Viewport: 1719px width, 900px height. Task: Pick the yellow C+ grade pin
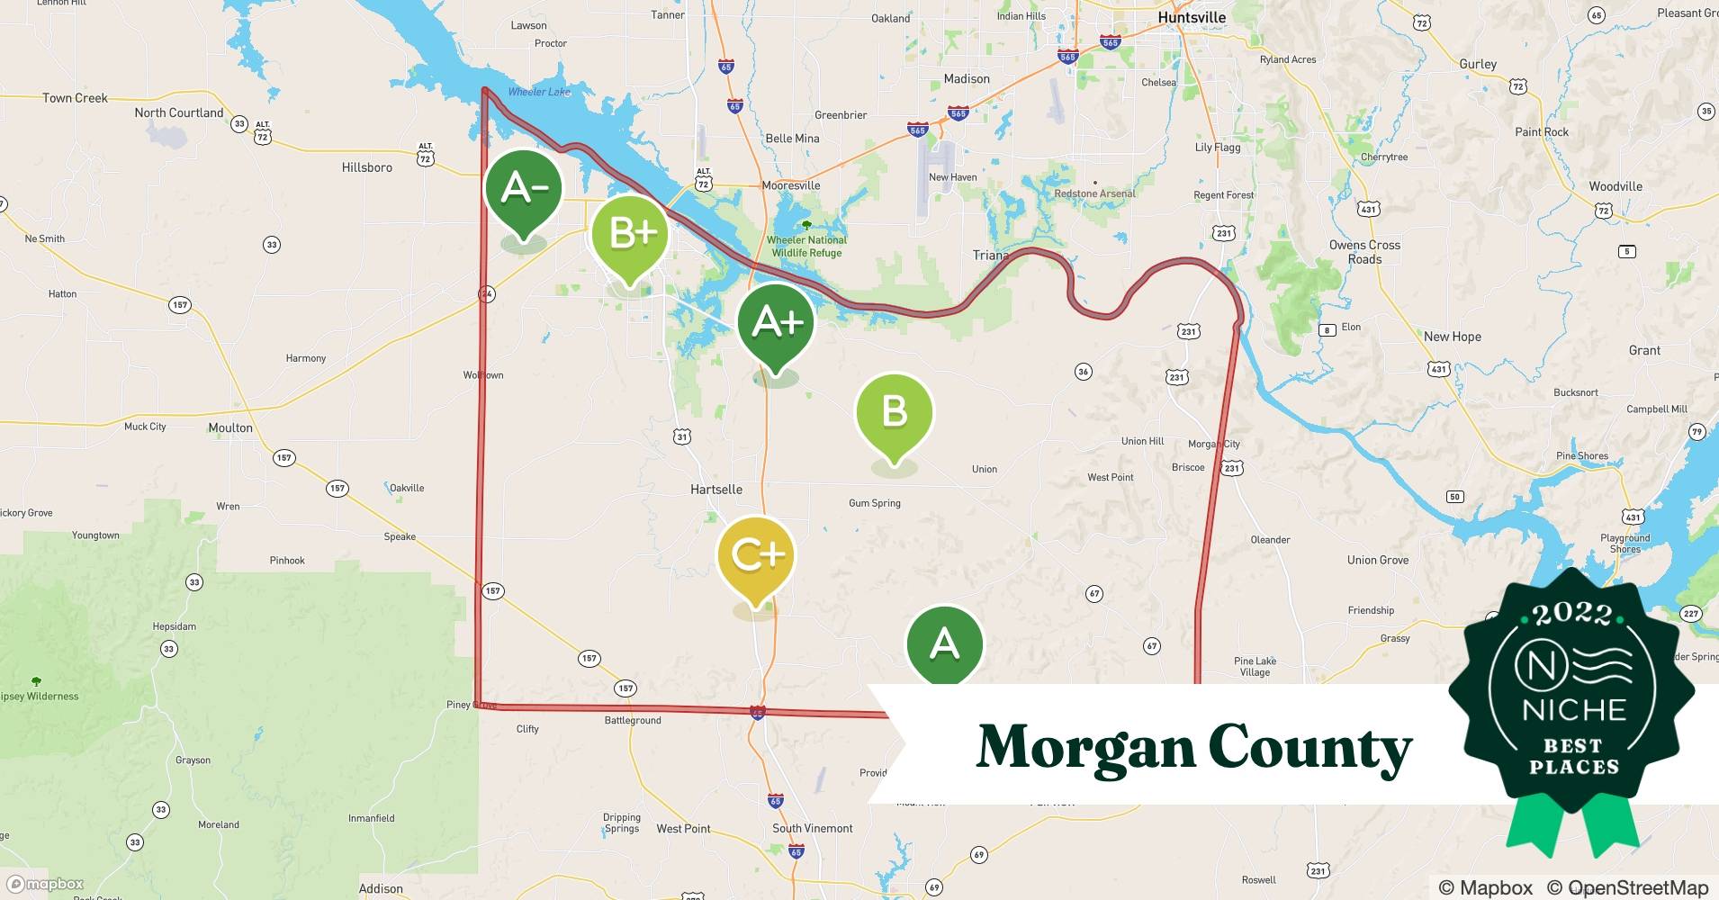(756, 555)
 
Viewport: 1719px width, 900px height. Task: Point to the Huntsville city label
(1192, 17)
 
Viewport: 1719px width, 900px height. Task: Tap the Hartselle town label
(715, 490)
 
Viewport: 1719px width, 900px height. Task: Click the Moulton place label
(230, 427)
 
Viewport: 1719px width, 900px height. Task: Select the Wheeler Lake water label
(538, 92)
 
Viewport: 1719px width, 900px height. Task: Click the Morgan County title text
(1193, 747)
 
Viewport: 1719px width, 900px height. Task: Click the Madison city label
(966, 79)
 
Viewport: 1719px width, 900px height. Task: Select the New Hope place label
(1452, 337)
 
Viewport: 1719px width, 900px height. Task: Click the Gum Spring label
(874, 503)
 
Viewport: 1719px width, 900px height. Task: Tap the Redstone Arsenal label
(1094, 193)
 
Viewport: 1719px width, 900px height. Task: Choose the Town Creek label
(75, 98)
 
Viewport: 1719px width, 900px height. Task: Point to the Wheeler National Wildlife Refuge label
(806, 247)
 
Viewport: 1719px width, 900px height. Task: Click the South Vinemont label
(812, 828)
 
